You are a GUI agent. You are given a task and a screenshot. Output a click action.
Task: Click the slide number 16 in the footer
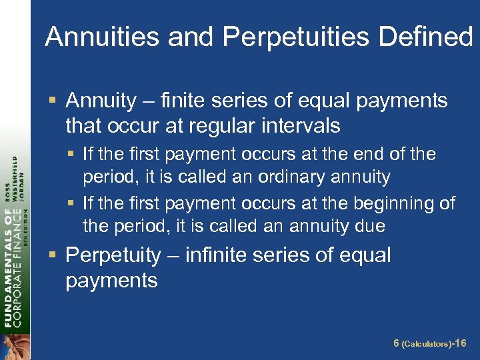[x=460, y=343]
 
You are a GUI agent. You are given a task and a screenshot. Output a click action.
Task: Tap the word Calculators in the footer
[x=426, y=344]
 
